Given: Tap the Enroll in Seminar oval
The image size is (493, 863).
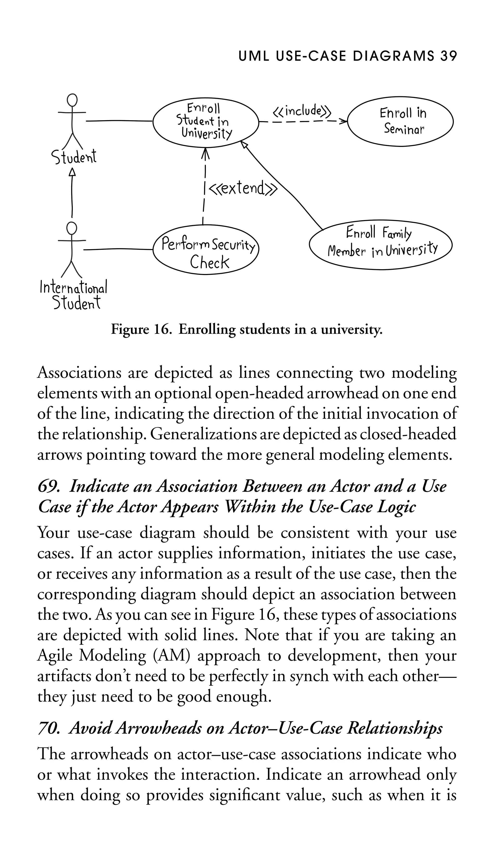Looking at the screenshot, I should tap(401, 122).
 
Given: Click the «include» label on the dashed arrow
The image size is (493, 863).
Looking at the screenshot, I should tap(301, 111).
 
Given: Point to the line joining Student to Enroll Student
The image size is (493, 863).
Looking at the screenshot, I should tap(118, 121).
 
